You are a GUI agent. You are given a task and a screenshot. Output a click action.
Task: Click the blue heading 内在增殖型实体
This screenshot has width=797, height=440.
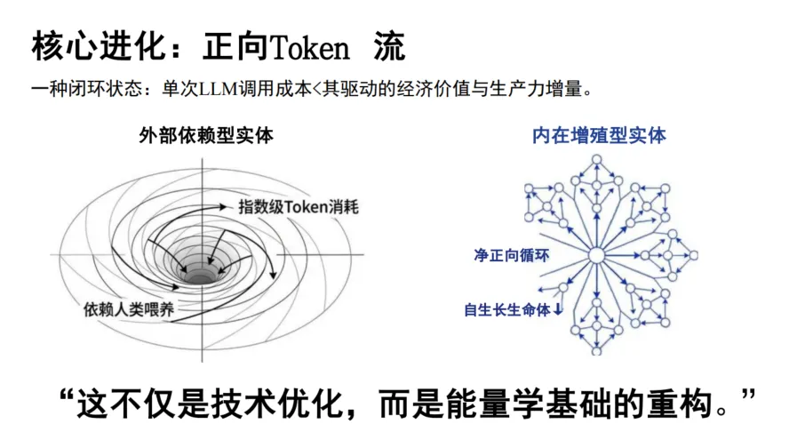[599, 136]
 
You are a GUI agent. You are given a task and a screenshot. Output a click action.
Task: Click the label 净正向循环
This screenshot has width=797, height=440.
[512, 255]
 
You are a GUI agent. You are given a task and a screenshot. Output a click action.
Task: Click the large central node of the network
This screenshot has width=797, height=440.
[596, 256]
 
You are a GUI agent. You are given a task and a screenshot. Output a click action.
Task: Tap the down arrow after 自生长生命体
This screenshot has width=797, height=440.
[558, 310]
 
